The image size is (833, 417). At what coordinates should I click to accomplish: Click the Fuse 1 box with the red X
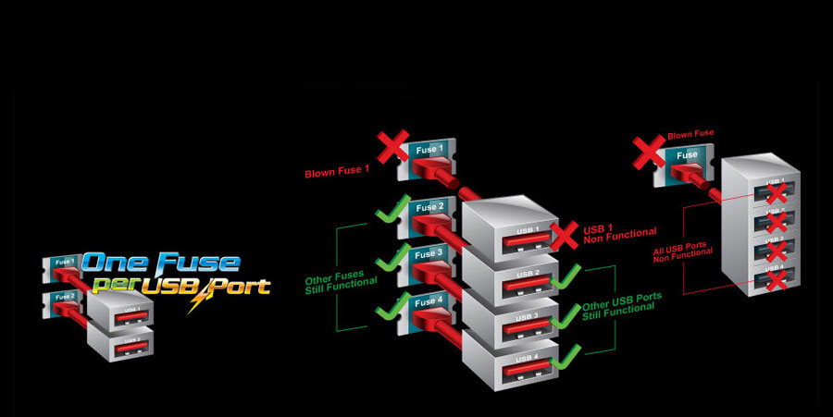(x=429, y=152)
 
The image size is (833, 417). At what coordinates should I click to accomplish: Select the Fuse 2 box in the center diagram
(x=429, y=208)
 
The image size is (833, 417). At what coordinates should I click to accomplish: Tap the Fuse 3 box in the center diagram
(x=429, y=254)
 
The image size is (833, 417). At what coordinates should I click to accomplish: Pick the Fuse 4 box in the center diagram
(x=429, y=301)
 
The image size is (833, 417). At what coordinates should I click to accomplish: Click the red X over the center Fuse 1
(x=392, y=147)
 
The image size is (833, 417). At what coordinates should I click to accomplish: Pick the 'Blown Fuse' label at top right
(x=690, y=134)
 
